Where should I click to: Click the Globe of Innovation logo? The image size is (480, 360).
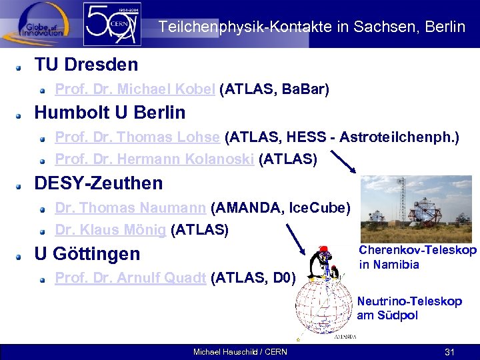(37, 23)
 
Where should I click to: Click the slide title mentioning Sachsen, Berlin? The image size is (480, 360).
(311, 27)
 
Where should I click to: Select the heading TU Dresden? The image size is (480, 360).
(86, 65)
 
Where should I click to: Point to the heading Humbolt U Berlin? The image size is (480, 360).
(109, 112)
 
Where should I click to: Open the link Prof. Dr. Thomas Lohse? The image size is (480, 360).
(137, 137)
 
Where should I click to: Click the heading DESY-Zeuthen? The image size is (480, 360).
(98, 183)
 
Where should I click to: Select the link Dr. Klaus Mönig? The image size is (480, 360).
(110, 230)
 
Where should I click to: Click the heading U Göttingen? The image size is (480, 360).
(87, 254)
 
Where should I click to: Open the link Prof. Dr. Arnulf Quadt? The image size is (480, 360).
(130, 278)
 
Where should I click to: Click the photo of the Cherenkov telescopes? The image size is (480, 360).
(417, 209)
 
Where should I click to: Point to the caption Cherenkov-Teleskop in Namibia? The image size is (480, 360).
(417, 257)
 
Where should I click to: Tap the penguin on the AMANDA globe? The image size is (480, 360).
(325, 264)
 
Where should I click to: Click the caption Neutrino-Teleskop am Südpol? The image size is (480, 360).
(409, 308)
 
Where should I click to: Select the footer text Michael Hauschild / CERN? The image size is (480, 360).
(239, 352)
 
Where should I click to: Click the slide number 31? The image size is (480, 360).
(449, 351)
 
